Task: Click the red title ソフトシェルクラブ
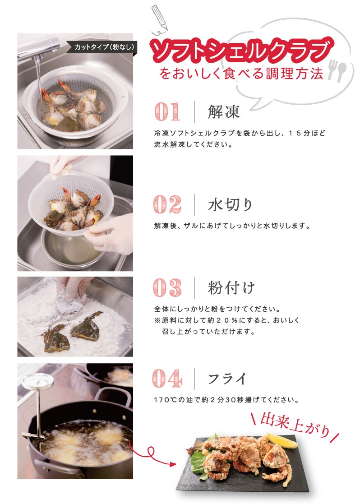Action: (x=241, y=51)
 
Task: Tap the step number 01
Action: (x=167, y=111)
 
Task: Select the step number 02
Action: (x=167, y=204)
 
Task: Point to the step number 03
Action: (x=167, y=287)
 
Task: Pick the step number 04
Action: (x=167, y=378)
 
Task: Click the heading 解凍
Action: (x=224, y=112)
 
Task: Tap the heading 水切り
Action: (x=230, y=204)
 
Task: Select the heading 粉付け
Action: (x=231, y=287)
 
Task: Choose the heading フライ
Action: (x=227, y=379)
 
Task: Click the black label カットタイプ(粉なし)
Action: (x=103, y=47)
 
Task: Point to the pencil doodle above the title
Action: (x=160, y=19)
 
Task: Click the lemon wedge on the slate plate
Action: (x=282, y=440)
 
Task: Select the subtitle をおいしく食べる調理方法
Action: (x=241, y=74)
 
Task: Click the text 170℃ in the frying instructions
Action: (x=165, y=400)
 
